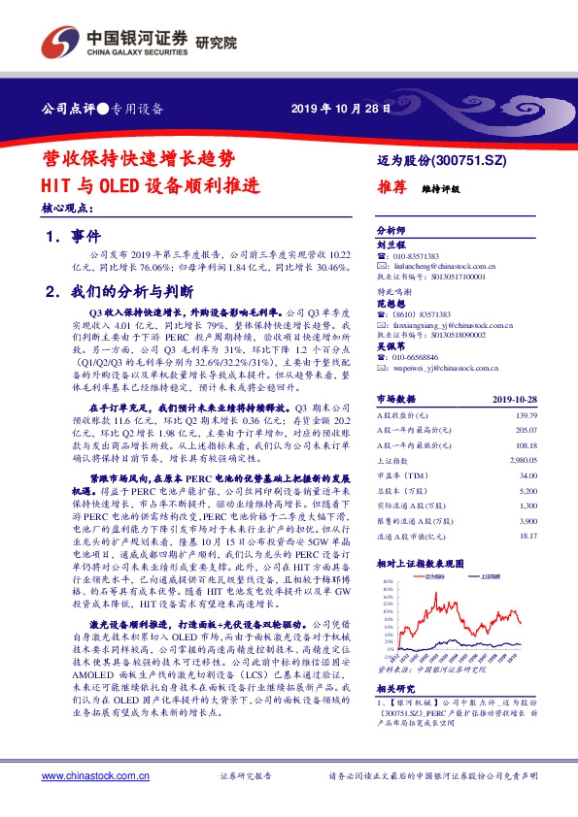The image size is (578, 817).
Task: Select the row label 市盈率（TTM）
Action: click(401, 475)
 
